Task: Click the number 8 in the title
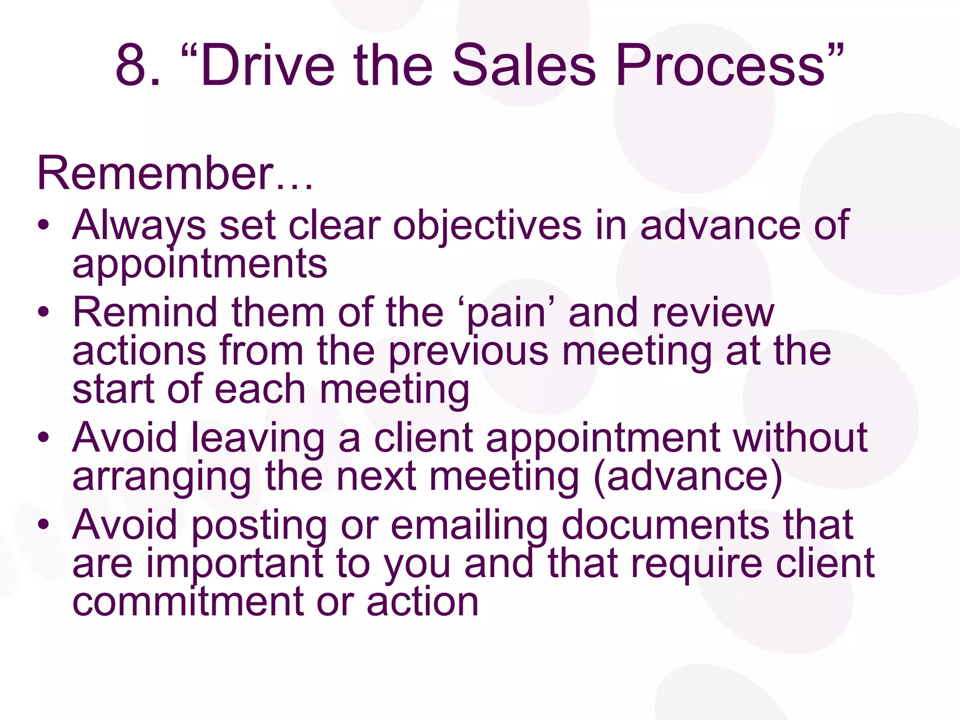click(x=131, y=66)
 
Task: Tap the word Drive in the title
click(x=268, y=66)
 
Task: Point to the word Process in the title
click(x=720, y=66)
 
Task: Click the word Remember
click(x=155, y=173)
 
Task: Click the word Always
click(x=139, y=226)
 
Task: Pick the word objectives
click(x=487, y=226)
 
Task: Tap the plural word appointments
click(x=200, y=264)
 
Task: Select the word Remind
click(x=145, y=313)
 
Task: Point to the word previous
click(x=468, y=352)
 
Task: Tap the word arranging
click(x=162, y=477)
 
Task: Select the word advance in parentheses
click(x=688, y=476)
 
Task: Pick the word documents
click(x=666, y=525)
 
